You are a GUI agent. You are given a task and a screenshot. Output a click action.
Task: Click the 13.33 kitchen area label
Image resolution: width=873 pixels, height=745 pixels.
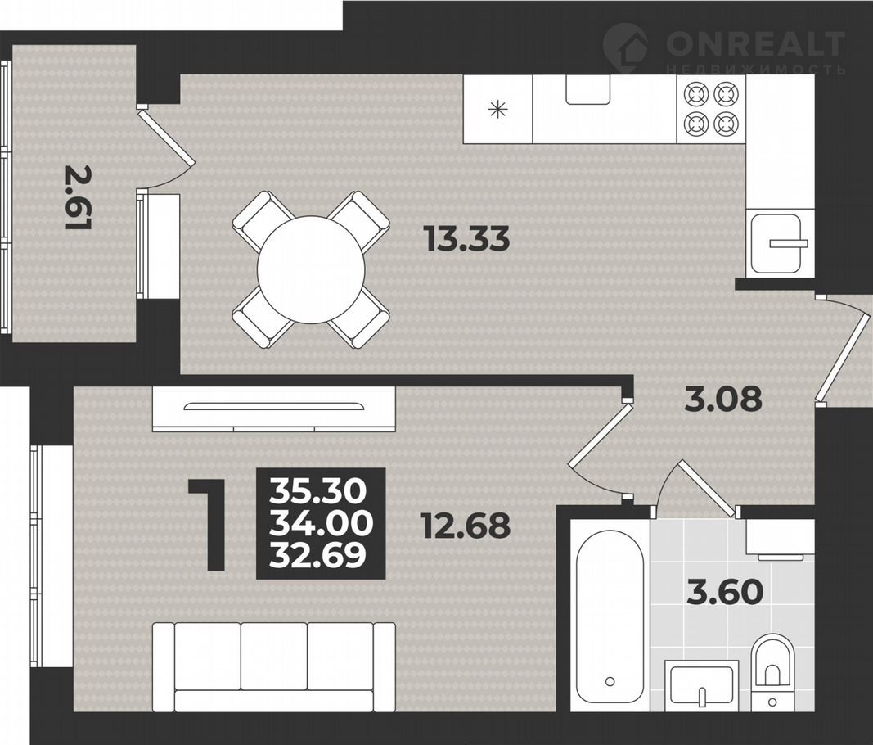pyautogui.click(x=466, y=239)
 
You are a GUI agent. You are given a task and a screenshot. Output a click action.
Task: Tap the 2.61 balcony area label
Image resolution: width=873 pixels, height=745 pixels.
pyautogui.click(x=79, y=196)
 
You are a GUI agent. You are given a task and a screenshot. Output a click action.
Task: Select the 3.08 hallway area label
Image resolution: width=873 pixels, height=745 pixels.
pyautogui.click(x=722, y=398)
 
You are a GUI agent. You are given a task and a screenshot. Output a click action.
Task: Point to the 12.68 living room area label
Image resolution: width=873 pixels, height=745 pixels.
pyautogui.click(x=466, y=526)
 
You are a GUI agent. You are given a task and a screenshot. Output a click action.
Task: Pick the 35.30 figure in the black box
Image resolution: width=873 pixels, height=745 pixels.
pyautogui.click(x=318, y=491)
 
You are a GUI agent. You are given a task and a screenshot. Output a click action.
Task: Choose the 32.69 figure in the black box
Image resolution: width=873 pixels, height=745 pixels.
pyautogui.click(x=318, y=555)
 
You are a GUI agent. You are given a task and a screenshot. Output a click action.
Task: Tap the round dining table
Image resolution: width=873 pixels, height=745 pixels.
pyautogui.click(x=311, y=270)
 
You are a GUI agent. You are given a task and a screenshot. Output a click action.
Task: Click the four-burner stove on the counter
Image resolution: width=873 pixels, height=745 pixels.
pyautogui.click(x=712, y=108)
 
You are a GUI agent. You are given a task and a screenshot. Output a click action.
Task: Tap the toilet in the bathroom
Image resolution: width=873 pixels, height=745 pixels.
pyautogui.click(x=772, y=672)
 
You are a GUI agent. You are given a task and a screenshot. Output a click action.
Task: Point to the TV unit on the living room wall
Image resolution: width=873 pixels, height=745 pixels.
pyautogui.click(x=274, y=409)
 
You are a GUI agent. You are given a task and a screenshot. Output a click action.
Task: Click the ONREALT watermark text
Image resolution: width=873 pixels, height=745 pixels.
pyautogui.click(x=755, y=43)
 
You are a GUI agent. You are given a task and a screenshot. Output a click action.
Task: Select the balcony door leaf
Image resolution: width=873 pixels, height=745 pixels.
pyautogui.click(x=167, y=138)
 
